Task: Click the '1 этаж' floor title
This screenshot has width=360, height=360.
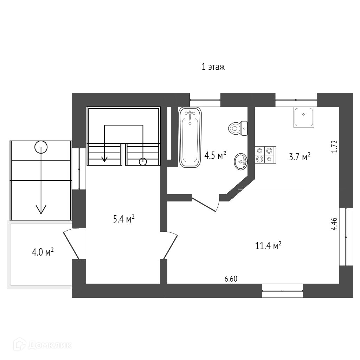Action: [x=213, y=67]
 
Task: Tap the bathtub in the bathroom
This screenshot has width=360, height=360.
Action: [x=190, y=137]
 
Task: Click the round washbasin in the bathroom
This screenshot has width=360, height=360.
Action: [x=241, y=161]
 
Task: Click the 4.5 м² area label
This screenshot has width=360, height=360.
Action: [x=215, y=155]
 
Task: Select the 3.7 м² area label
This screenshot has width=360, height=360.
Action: [x=300, y=156]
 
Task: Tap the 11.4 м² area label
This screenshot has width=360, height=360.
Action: [x=269, y=246]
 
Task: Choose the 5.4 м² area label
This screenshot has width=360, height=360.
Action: [x=124, y=220]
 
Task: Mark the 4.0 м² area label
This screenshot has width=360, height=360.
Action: [x=42, y=252]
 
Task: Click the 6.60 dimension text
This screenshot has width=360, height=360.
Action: [x=231, y=279]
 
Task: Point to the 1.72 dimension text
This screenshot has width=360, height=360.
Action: [x=334, y=146]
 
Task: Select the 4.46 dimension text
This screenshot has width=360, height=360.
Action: [x=334, y=224]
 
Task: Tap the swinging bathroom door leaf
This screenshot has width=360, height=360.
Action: [x=204, y=204]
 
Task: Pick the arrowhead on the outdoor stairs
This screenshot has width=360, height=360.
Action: [x=41, y=210]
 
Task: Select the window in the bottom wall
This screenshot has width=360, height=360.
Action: [x=282, y=290]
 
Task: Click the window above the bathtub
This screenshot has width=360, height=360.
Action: [x=205, y=100]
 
